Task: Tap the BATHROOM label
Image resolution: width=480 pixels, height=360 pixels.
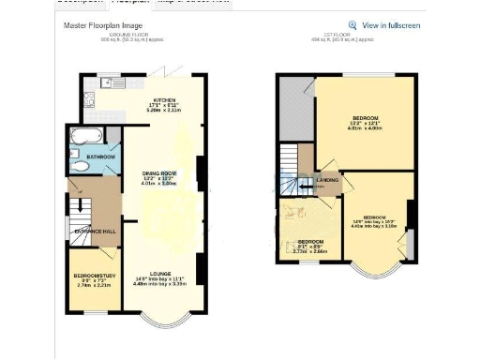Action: pyautogui.click(x=100, y=157)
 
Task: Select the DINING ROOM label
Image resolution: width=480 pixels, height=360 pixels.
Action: pyautogui.click(x=159, y=173)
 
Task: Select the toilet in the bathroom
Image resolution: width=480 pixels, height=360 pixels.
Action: pyautogui.click(x=80, y=167)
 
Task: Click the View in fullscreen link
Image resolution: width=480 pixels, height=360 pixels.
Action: pyautogui.click(x=391, y=25)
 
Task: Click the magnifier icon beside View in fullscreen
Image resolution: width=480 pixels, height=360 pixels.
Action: pyautogui.click(x=352, y=25)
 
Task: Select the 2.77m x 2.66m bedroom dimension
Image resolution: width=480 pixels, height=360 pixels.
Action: pyautogui.click(x=312, y=250)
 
